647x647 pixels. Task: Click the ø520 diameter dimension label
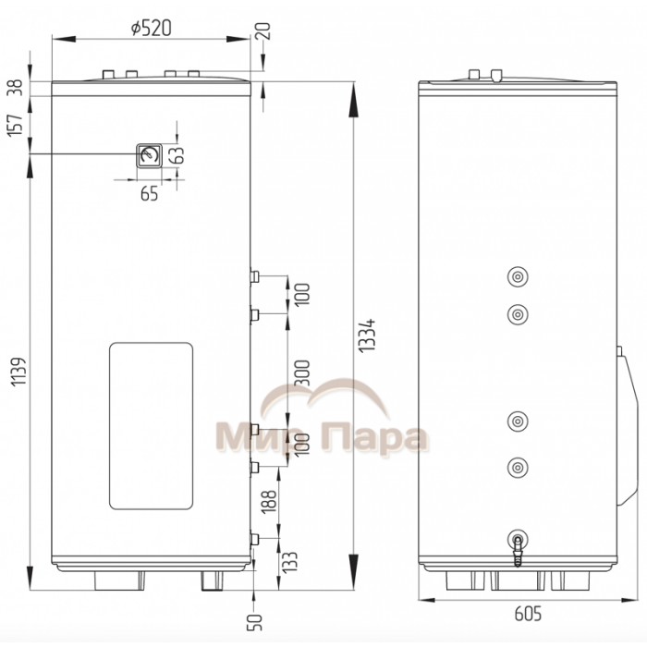[x=151, y=28]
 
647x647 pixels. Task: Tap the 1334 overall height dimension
[x=367, y=335]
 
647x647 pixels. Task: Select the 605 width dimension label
[x=528, y=614]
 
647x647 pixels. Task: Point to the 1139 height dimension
[x=19, y=372]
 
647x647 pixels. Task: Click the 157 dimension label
[x=16, y=125]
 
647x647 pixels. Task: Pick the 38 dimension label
[x=16, y=88]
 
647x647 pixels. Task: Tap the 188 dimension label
[x=269, y=501]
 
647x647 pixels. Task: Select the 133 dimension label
[x=289, y=561]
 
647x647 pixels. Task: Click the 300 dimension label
[x=302, y=372]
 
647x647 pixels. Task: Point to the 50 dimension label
[x=254, y=622]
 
